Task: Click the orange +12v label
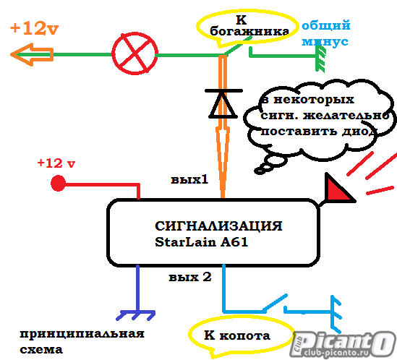[x=35, y=28]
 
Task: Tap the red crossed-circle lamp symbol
[x=135, y=53]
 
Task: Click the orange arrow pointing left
[x=32, y=54]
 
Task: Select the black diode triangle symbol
[x=223, y=104]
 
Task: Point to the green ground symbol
[x=320, y=59]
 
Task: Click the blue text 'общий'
[x=326, y=25]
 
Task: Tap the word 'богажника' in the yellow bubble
[x=249, y=31]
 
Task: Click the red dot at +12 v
[x=59, y=183]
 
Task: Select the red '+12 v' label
[x=56, y=163]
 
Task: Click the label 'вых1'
[x=189, y=179]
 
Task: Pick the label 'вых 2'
[x=190, y=277]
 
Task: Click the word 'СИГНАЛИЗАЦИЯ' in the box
[x=218, y=226]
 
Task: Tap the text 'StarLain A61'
[x=201, y=241]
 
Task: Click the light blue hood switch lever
[x=275, y=303]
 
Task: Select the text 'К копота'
[x=237, y=335]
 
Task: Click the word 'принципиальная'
[x=82, y=334]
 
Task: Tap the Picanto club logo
[x=342, y=344]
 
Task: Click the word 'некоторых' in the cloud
[x=314, y=100]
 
